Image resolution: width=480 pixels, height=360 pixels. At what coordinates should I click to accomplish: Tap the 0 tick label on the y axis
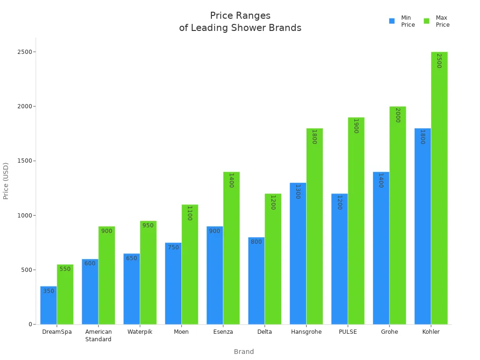tap(30, 324)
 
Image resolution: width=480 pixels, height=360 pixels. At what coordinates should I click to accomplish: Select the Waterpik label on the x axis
tap(140, 332)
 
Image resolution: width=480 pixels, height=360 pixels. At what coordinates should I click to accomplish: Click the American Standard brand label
tap(98, 336)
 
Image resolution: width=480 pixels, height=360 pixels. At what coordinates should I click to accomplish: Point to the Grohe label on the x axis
tap(389, 332)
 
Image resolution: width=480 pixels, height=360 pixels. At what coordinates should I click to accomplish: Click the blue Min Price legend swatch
tap(392, 21)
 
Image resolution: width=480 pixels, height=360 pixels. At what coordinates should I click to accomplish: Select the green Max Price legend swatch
tap(427, 21)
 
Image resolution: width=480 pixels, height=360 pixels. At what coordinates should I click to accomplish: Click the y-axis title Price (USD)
tap(6, 180)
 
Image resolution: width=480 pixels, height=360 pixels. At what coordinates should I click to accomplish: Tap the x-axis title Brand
tap(244, 352)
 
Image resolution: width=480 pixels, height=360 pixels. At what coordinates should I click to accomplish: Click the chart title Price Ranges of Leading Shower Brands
tap(240, 22)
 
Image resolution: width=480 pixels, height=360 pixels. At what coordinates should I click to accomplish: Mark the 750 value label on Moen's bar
tap(173, 247)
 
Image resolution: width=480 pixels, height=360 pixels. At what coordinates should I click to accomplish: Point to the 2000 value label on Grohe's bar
tap(397, 115)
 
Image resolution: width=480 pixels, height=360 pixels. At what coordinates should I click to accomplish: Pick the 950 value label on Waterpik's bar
tap(148, 225)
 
